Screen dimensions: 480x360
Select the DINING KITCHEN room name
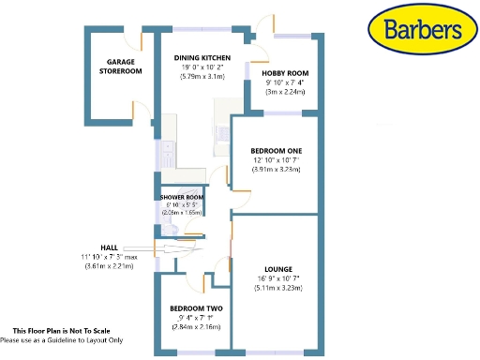point(202,56)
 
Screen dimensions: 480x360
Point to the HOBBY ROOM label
point(285,73)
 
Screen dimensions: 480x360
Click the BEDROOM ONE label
point(276,150)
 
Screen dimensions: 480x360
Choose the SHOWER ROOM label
point(182,197)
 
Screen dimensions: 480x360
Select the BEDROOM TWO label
point(195,307)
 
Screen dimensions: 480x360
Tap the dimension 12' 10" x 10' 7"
point(276,160)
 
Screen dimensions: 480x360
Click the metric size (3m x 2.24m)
point(285,93)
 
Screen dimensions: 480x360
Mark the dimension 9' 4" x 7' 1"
point(195,318)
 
